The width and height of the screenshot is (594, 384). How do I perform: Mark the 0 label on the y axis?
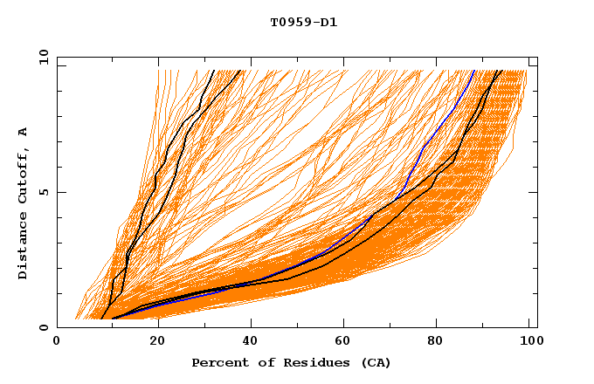pyautogui.click(x=44, y=327)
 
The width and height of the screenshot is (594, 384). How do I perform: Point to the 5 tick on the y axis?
pyautogui.click(x=44, y=192)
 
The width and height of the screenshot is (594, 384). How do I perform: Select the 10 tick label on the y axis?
pyautogui.click(x=41, y=57)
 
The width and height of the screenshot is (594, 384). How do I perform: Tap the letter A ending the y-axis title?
pyautogui.click(x=24, y=131)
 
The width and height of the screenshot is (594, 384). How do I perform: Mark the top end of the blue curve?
pyautogui.click(x=474, y=71)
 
